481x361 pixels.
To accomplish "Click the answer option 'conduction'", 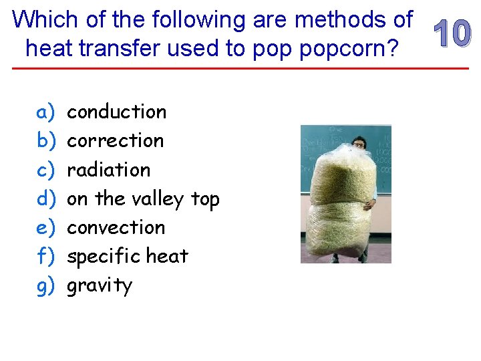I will [x=116, y=112].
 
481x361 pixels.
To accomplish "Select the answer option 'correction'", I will [x=115, y=140].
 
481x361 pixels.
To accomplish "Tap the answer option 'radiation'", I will [x=108, y=170].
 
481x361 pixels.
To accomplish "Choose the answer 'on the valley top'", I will [x=143, y=199].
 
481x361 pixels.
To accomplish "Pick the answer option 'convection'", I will [x=116, y=227].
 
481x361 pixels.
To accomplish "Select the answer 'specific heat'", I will [x=128, y=256].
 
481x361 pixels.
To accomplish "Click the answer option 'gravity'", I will [x=100, y=285].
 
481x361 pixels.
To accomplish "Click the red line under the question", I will [x=240, y=69].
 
